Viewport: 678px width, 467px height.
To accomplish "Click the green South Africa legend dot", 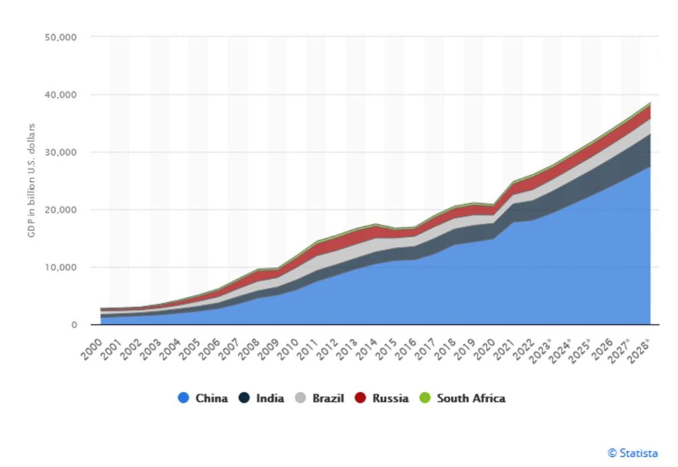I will coord(427,398).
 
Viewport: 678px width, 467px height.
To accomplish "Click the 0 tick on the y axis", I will coord(75,325).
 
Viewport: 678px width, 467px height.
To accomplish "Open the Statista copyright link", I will coord(632,453).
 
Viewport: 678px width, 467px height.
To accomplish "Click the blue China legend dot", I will coord(183,398).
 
